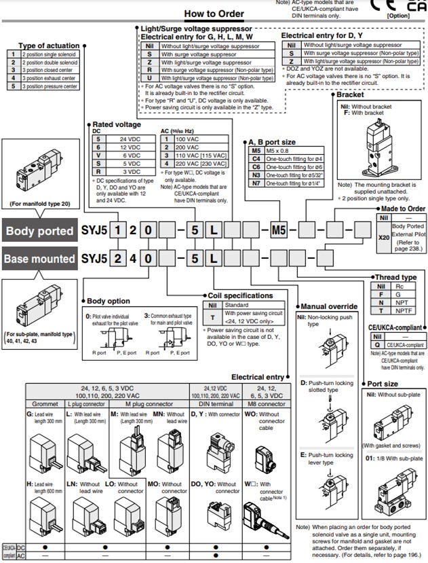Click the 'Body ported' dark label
(x=40, y=231)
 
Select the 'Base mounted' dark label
(x=40, y=259)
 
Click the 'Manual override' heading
(x=328, y=307)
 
